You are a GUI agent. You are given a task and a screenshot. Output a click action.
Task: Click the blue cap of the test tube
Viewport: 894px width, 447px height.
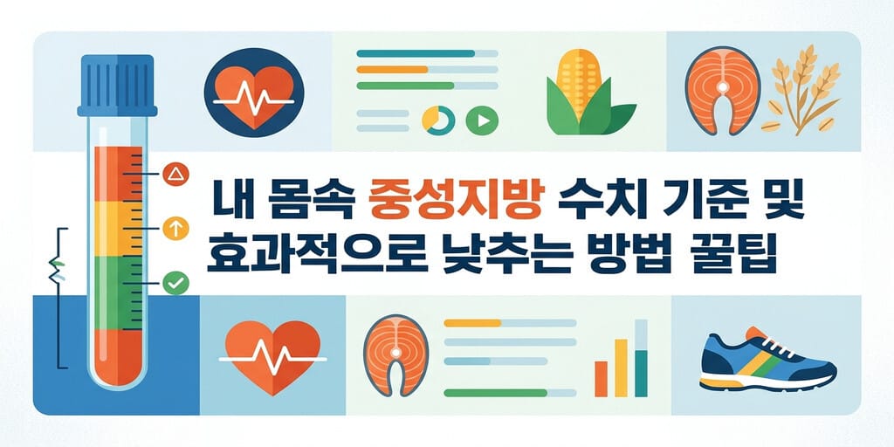(118, 85)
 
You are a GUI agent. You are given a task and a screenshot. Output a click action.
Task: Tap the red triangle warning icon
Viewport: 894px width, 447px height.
(175, 174)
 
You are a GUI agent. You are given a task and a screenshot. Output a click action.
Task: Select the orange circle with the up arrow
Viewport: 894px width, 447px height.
(175, 228)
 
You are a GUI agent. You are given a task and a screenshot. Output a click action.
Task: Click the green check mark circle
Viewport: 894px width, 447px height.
(175, 283)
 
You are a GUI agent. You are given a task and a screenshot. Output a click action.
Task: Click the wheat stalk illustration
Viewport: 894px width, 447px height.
(804, 91)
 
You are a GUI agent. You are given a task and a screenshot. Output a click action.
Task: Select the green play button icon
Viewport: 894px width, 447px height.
(482, 120)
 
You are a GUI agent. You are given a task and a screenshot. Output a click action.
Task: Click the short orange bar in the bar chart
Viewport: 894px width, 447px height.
(601, 379)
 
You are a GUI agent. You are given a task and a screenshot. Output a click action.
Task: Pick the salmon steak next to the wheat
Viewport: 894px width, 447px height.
(722, 91)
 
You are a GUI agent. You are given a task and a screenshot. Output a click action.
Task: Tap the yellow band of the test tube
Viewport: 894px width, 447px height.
(118, 228)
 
